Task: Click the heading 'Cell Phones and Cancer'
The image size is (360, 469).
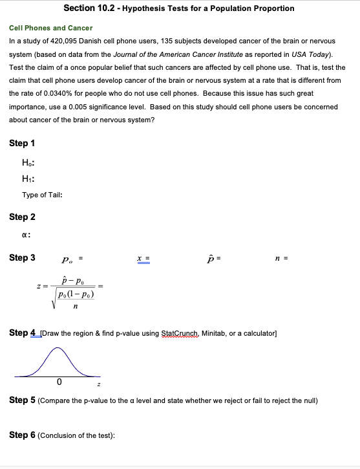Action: pos(50,28)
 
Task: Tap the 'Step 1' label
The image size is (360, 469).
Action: pos(23,143)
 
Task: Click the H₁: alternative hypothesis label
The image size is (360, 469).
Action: pos(28,179)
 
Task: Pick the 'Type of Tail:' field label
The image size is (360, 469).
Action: pos(42,195)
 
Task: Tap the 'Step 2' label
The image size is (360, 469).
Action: pos(23,217)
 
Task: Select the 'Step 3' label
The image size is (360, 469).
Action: pos(23,257)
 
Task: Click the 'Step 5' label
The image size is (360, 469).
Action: pos(23,400)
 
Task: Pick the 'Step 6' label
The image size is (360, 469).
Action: pos(23,435)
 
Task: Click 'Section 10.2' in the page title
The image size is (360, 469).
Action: pos(88,8)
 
